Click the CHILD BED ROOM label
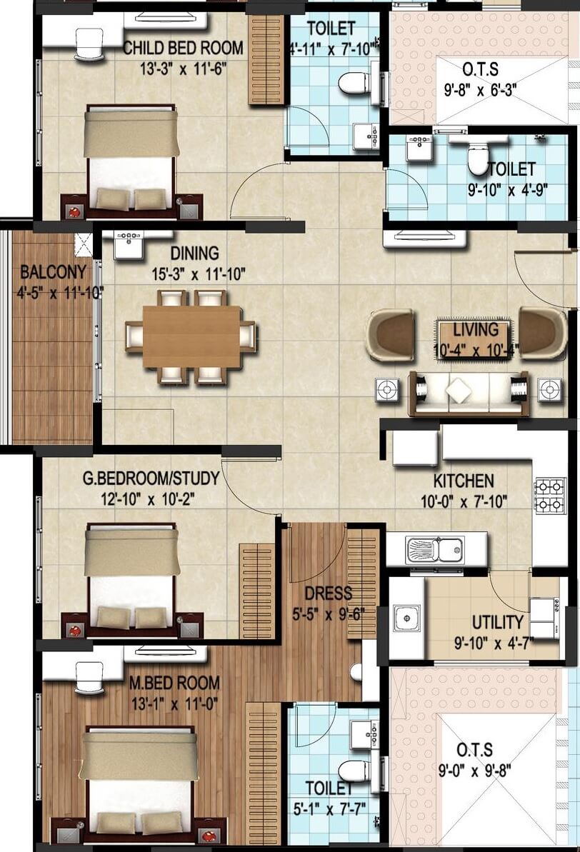pos(184,49)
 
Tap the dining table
pos(191,336)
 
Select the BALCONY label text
pos(53,272)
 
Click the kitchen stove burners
pos(549,495)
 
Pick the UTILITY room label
pos(497,622)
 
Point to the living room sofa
pos(468,392)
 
